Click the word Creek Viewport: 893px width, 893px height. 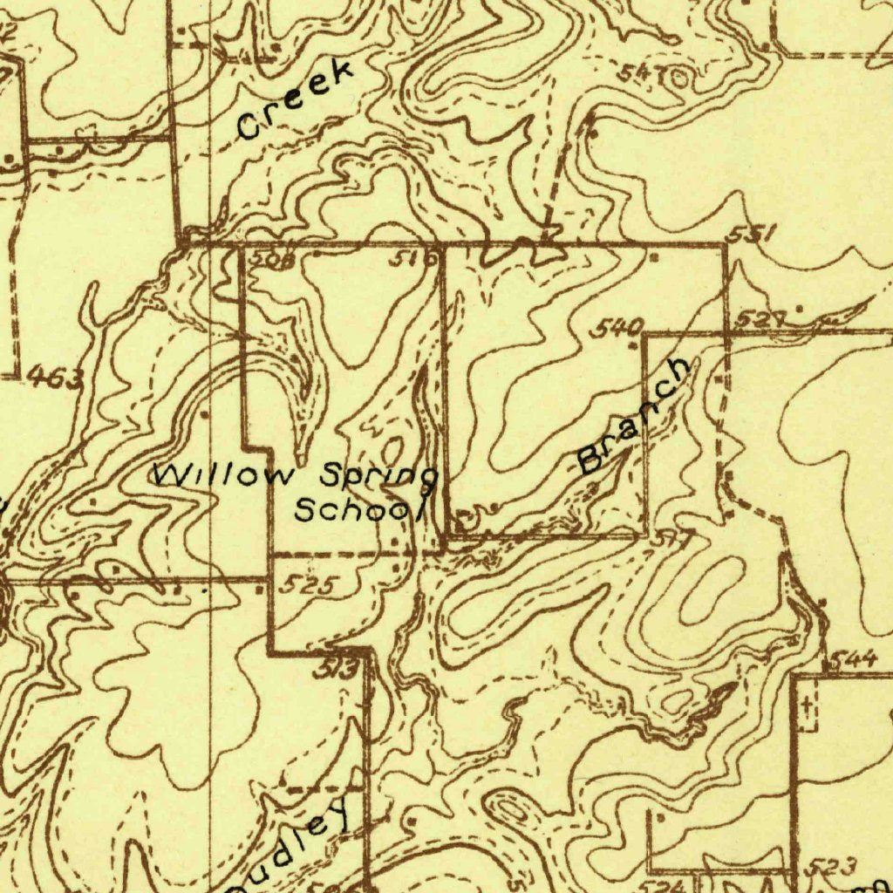pos(297,100)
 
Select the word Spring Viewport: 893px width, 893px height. pos(378,479)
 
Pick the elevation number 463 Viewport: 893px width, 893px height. pos(55,378)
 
